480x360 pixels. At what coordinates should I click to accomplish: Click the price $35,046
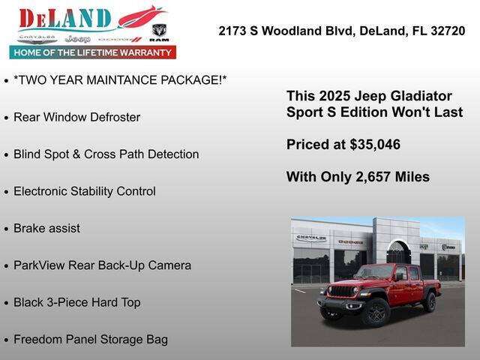373,145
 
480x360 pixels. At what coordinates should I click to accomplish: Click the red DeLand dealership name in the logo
65,18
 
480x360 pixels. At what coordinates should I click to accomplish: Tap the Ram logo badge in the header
159,31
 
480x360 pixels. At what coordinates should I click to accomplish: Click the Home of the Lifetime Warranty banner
93,52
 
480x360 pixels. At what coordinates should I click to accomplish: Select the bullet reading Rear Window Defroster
76,117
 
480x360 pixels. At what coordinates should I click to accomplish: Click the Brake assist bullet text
46,228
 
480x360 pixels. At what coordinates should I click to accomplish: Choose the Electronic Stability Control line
85,191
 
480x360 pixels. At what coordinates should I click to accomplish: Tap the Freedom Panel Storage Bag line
91,339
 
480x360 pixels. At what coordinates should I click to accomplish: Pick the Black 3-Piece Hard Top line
76,302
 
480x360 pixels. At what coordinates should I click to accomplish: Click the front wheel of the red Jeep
374,310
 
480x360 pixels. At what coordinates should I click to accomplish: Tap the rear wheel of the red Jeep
429,301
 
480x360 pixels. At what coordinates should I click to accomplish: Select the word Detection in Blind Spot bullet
173,154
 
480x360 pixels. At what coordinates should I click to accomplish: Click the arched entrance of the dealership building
398,253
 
